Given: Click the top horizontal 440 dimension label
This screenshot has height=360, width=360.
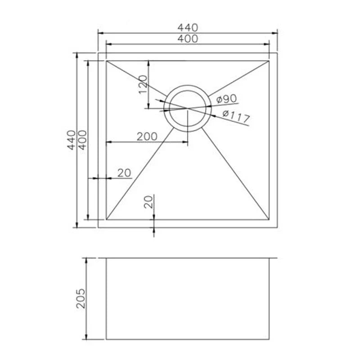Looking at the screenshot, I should point(187,27).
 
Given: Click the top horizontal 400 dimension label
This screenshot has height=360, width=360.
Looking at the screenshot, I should point(187,39).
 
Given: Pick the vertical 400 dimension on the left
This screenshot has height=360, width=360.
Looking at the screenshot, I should point(82,140).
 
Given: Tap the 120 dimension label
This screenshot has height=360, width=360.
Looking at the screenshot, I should point(143,85).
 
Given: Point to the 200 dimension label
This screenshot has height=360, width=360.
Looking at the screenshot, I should point(147,136).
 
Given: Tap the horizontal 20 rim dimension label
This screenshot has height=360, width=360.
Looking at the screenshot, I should point(124,172).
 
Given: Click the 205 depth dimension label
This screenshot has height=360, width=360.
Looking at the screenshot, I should point(81,298).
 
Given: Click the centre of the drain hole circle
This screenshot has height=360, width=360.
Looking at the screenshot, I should point(187,108).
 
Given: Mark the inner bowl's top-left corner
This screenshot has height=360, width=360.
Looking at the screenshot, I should point(106,61).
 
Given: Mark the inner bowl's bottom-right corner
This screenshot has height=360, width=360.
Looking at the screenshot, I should point(269,220).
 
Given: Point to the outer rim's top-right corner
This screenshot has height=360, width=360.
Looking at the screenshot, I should point(276,53).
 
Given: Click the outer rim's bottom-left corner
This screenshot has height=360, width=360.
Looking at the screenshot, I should point(99,227).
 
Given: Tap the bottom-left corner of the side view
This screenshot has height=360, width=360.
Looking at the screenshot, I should point(106,339).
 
